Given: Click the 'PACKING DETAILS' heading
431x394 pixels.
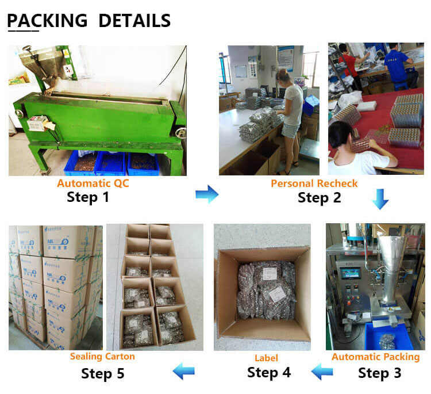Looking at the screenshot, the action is (x=88, y=21).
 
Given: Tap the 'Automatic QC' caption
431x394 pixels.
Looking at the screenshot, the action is (x=93, y=183).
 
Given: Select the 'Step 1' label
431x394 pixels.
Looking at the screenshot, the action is (x=88, y=197).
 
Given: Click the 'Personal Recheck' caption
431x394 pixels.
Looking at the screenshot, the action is (x=314, y=183).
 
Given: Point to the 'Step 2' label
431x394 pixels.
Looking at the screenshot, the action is (x=320, y=198).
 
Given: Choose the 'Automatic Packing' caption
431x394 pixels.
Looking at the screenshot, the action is (x=375, y=357).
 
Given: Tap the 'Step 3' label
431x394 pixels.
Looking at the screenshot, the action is (x=380, y=373).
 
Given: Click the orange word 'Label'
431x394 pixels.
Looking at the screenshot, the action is (x=266, y=358).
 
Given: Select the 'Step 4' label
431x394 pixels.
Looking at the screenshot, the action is (x=269, y=373).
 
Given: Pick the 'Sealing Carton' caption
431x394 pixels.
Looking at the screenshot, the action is (x=102, y=357).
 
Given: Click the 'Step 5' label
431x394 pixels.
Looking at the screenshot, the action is (x=102, y=374).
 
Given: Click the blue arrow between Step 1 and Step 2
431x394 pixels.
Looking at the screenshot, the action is (x=207, y=194).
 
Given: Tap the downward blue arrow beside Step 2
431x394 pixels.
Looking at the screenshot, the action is (x=380, y=199).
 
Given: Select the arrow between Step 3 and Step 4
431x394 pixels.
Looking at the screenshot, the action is (x=322, y=372).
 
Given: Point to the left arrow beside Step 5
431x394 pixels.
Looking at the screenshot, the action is (x=184, y=371).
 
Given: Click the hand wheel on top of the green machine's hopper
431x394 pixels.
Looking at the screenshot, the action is (x=28, y=49).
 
